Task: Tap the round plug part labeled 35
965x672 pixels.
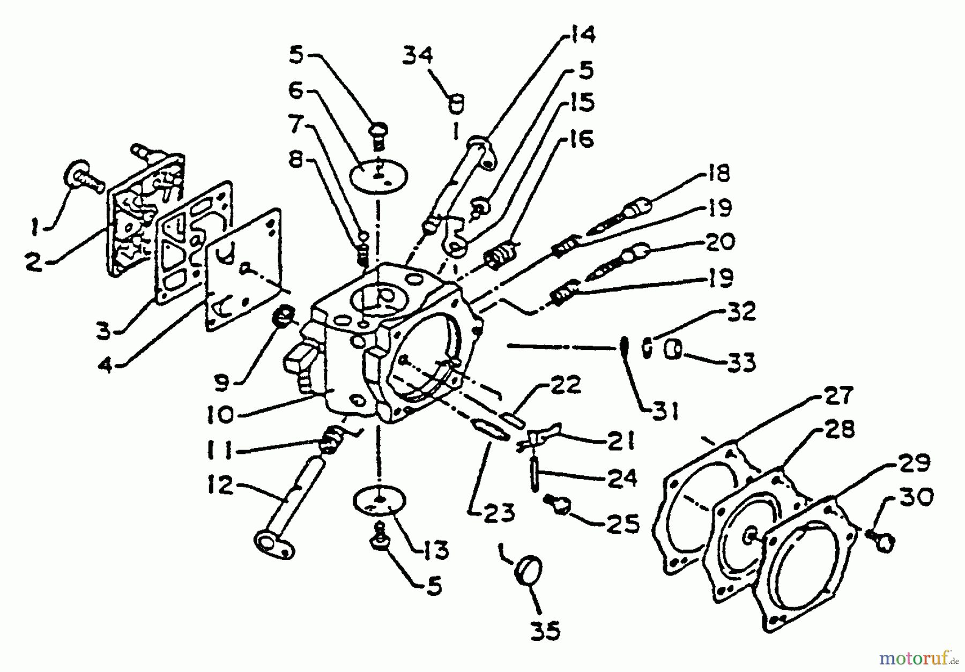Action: click(529, 570)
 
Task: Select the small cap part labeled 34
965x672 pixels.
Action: click(457, 103)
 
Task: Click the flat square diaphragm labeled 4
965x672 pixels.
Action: click(244, 271)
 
